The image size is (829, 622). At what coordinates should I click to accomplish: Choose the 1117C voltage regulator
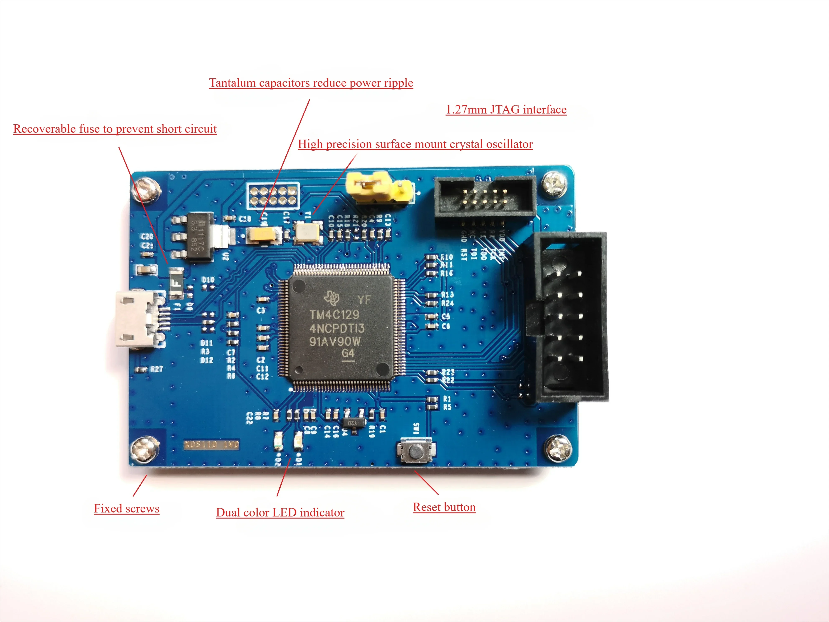[199, 236]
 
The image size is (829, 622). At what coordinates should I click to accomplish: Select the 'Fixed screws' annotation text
[127, 509]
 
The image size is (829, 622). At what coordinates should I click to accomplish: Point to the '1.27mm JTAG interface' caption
[506, 110]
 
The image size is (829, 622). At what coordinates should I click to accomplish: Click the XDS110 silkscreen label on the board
[211, 445]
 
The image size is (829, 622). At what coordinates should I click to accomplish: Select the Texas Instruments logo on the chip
[332, 298]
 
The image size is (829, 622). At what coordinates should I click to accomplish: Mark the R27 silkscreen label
[157, 369]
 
